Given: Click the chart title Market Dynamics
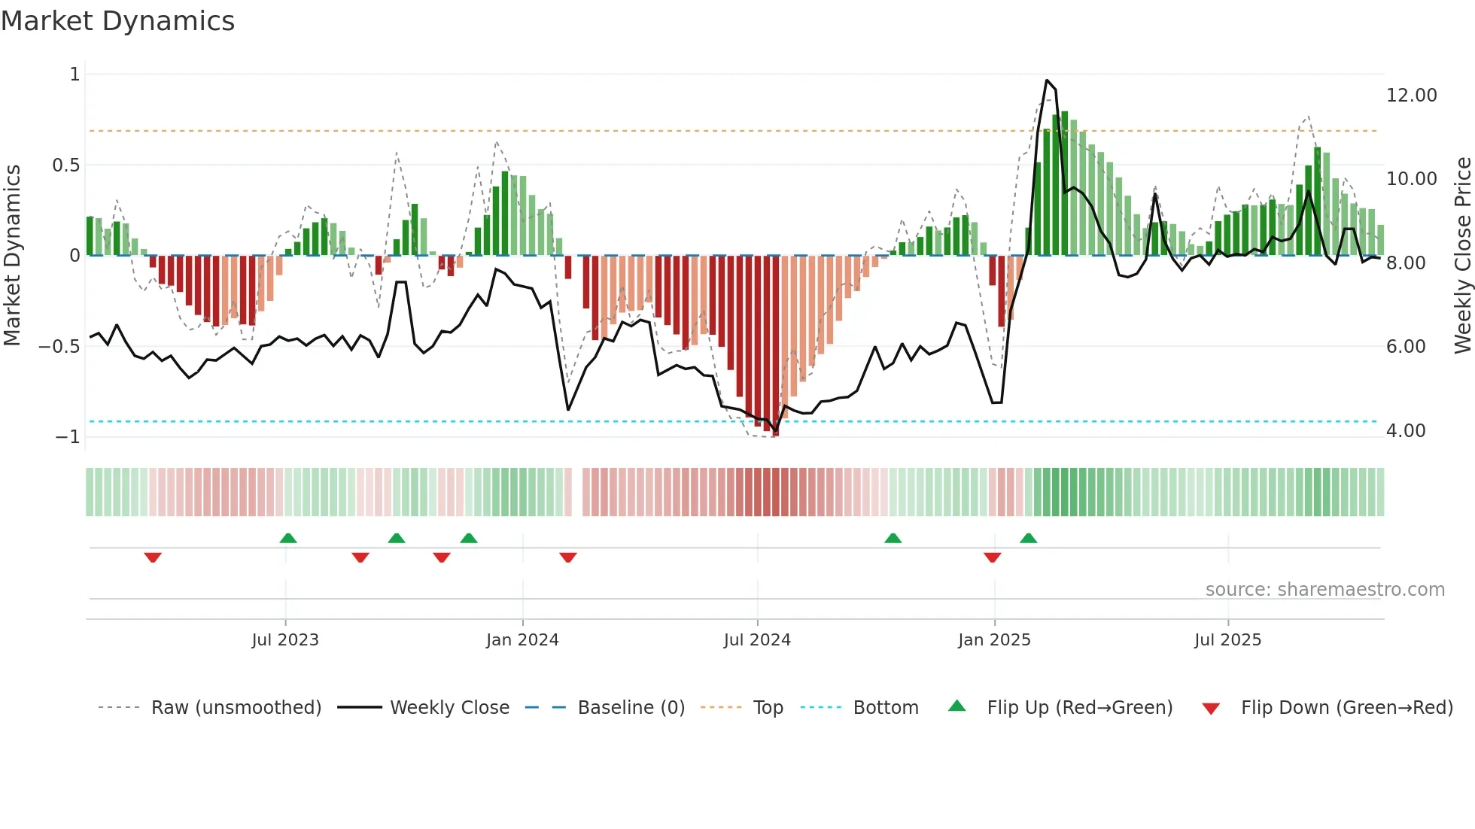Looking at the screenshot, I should [118, 21].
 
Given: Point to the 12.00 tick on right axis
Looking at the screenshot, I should [1411, 96].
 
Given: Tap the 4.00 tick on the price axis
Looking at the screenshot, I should [1405, 431].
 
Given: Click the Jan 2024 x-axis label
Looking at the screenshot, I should [522, 640].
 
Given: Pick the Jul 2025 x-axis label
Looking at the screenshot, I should [1227, 640].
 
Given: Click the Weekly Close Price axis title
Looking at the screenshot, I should [1462, 256].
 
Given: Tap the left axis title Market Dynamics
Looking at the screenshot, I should [13, 256].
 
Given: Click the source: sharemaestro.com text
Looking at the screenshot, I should [1324, 590].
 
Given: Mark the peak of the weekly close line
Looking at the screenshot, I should [1047, 80].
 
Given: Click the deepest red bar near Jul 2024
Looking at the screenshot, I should [775, 346].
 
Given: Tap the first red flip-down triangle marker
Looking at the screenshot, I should [153, 557].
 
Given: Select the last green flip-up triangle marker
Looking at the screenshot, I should [1028, 538].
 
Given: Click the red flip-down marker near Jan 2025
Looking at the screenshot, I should [992, 557].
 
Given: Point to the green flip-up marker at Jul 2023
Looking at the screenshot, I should [287, 538].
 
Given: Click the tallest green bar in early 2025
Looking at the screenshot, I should [1064, 184].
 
